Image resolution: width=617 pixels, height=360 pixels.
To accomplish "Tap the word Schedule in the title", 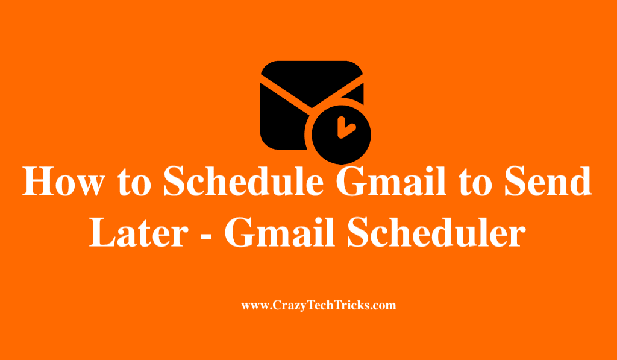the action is click(x=243, y=181).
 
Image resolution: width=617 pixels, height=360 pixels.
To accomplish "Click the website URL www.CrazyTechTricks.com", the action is click(x=318, y=306).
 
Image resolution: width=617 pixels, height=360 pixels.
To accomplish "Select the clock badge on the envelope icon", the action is click(x=341, y=134).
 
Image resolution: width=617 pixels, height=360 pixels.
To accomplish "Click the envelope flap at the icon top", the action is click(x=312, y=81).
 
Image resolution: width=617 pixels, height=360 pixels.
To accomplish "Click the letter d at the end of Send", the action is click(x=581, y=181).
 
